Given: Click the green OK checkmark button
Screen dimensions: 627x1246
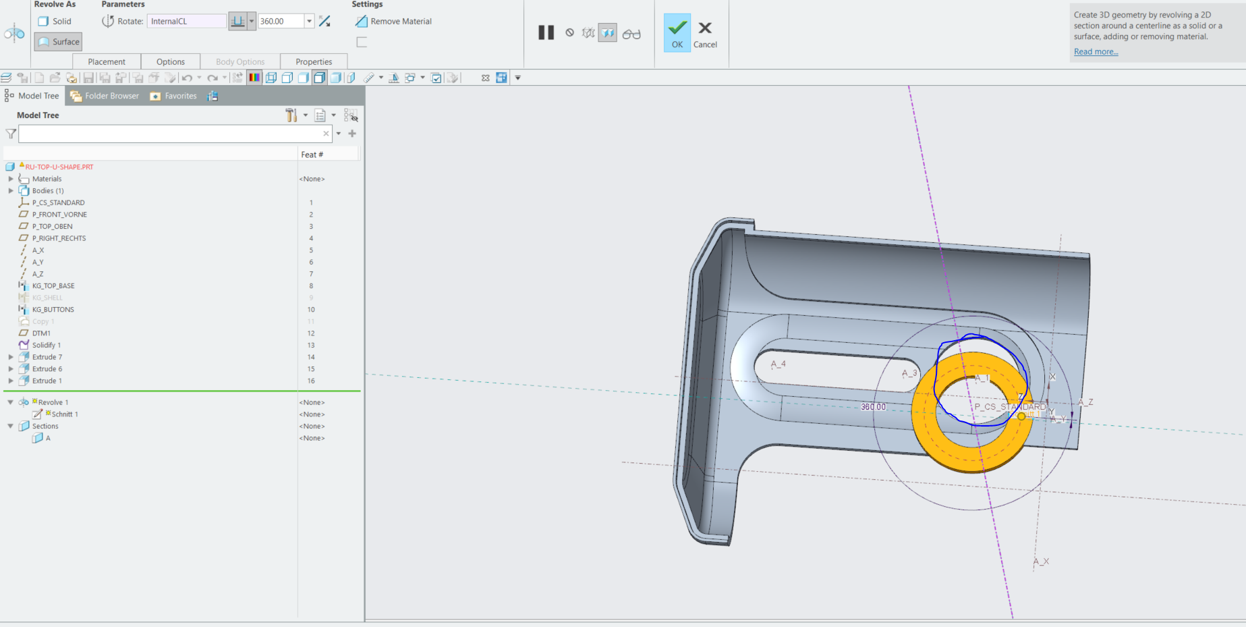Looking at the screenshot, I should [677, 32].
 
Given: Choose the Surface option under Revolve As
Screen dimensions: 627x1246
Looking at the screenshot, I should [59, 42].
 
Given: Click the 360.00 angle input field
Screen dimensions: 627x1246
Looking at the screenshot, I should [281, 22].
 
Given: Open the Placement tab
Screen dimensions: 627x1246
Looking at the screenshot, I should [107, 61].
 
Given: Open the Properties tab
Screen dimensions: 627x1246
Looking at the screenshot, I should [314, 61].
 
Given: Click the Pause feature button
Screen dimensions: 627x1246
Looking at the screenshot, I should [546, 32].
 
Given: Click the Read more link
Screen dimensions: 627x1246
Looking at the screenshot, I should [1096, 52].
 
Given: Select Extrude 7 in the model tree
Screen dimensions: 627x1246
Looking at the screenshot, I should [47, 357].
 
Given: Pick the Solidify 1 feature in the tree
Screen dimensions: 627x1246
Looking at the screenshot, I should [47, 345].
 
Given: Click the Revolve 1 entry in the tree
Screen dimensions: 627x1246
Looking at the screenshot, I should [53, 402].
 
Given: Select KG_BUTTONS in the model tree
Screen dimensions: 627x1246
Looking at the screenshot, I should [53, 310].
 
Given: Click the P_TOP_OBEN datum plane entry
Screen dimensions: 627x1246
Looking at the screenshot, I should [52, 227].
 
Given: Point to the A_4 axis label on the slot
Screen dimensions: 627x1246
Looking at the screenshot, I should [778, 364].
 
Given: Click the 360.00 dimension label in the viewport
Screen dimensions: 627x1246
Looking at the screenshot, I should [873, 407].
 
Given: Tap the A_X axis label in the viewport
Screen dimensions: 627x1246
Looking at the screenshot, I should [1041, 562].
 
